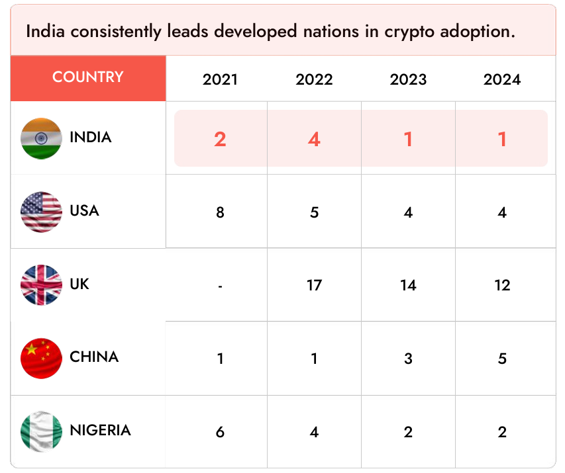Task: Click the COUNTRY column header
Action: [x=88, y=77]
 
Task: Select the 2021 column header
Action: [x=220, y=80]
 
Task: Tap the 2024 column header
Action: [x=502, y=80]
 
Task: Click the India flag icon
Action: [x=41, y=138]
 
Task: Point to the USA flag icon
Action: [x=41, y=212]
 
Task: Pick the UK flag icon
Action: [x=41, y=285]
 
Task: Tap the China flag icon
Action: [x=41, y=358]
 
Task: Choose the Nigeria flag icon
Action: [x=41, y=431]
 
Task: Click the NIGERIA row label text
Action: [x=100, y=431]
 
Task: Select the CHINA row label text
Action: [x=94, y=357]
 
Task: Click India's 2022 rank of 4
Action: [x=314, y=140]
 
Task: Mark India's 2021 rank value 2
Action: [x=220, y=140]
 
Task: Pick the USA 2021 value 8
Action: [x=220, y=212]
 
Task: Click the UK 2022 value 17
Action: [x=314, y=286]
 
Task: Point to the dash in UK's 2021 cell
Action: [x=220, y=286]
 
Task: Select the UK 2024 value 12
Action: [x=502, y=286]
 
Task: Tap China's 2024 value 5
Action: [x=502, y=359]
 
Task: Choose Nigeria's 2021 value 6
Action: [x=220, y=432]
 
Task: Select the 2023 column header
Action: [x=408, y=80]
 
